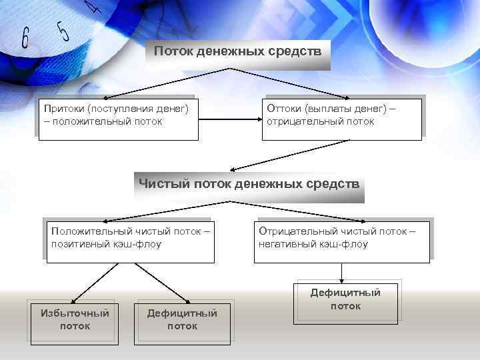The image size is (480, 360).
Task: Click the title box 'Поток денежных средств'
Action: coord(238,51)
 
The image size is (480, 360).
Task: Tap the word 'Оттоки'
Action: coord(284,108)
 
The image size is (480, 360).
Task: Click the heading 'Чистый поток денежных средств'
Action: coord(249,183)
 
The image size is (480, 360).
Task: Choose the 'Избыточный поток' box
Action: coord(75,319)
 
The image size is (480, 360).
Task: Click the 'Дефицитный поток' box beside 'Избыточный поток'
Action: coord(182,319)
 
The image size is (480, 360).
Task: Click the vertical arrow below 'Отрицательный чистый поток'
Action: coord(341,272)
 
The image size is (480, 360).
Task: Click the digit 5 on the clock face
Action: coord(63,30)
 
